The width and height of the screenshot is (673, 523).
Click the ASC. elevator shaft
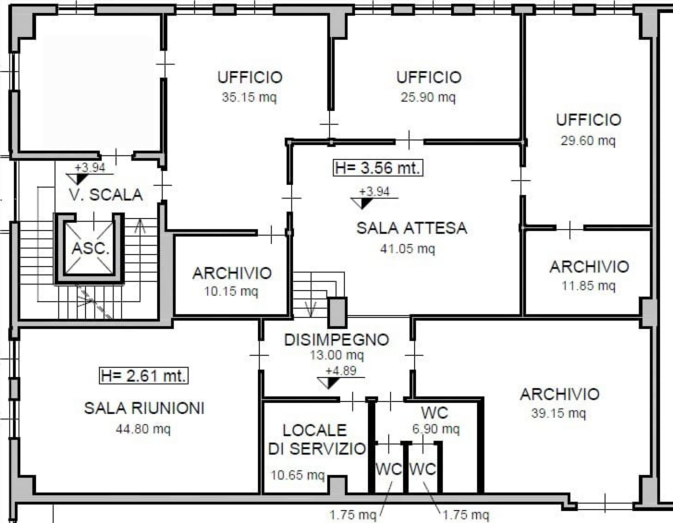(x=90, y=248)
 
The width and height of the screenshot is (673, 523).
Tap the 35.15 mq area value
(x=250, y=97)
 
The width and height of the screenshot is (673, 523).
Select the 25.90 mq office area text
(x=428, y=97)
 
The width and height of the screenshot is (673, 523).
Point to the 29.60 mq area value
(x=588, y=140)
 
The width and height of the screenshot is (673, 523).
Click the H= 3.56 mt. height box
(x=378, y=167)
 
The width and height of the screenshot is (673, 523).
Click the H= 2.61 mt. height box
(x=144, y=376)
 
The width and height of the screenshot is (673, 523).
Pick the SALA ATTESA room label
(x=411, y=228)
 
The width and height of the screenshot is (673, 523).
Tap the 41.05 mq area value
(x=408, y=249)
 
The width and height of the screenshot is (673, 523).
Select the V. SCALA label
(x=105, y=195)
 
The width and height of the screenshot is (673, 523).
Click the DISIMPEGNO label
(x=336, y=340)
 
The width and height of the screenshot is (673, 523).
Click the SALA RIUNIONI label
(x=144, y=408)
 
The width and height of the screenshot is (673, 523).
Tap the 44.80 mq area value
(x=143, y=429)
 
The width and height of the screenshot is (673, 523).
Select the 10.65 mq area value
(x=298, y=475)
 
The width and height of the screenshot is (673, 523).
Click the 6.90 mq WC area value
(x=435, y=429)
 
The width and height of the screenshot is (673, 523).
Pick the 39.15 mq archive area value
(x=558, y=413)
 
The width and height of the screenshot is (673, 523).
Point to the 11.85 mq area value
(x=589, y=286)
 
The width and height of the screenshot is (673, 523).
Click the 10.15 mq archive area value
(x=231, y=291)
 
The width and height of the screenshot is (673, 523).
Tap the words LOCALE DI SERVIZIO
(x=317, y=439)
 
